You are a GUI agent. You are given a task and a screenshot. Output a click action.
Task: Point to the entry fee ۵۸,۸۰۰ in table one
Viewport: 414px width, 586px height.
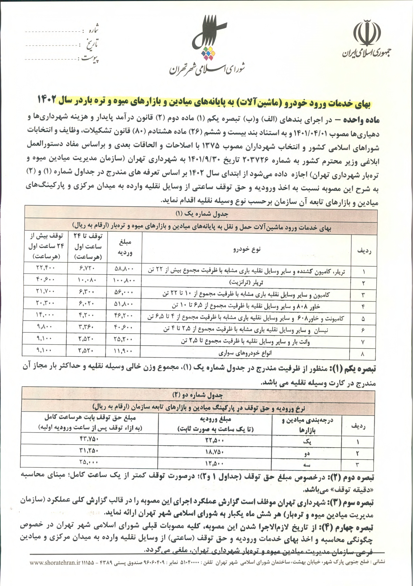tap(124, 268)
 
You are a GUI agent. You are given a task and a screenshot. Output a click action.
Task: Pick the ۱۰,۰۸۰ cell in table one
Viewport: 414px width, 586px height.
tap(87, 279)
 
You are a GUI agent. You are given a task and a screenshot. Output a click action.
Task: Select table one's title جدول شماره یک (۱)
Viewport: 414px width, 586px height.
tap(202, 213)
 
